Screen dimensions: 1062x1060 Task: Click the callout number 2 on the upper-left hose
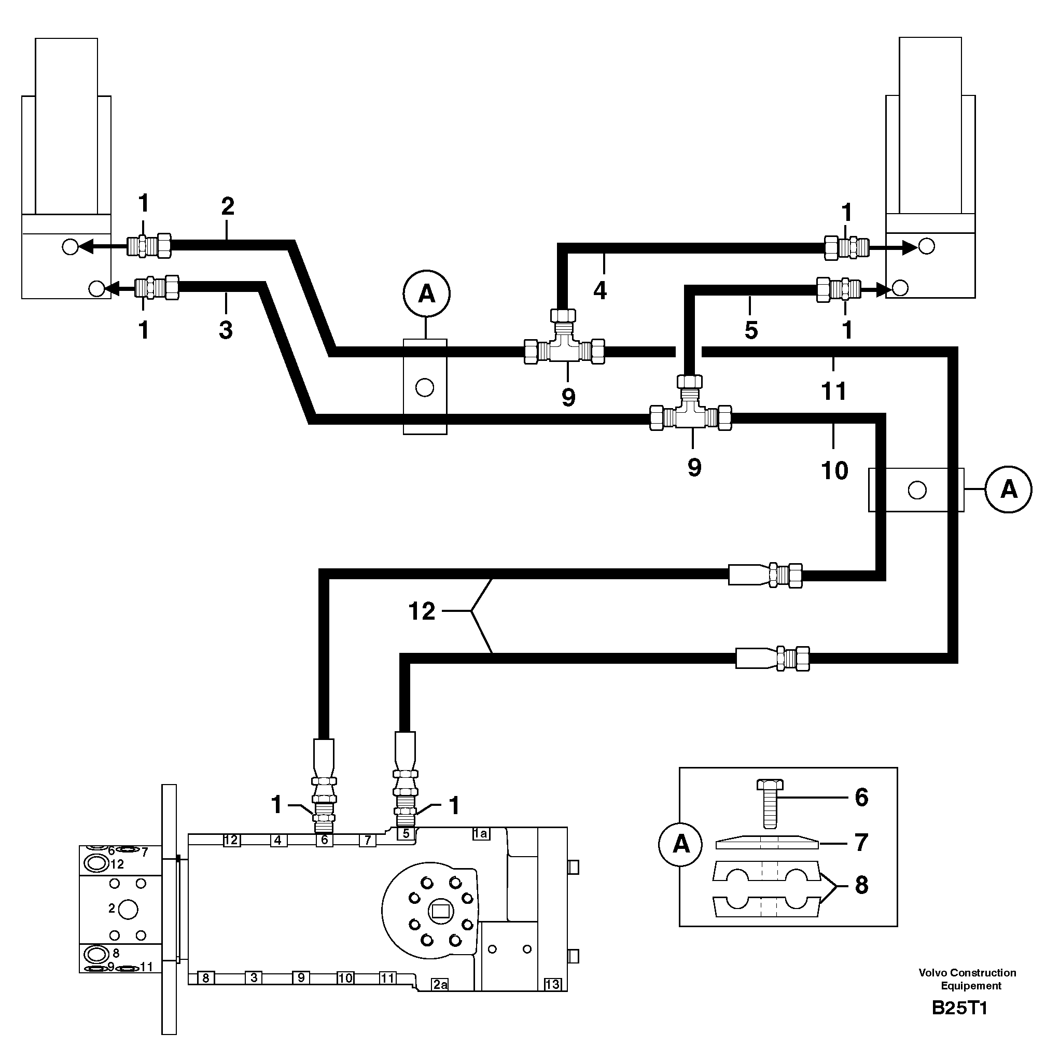pyautogui.click(x=228, y=207)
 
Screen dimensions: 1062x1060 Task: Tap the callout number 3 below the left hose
pyautogui.click(x=226, y=330)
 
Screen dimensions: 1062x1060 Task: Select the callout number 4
pyautogui.click(x=600, y=290)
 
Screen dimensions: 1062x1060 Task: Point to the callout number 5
pyautogui.click(x=751, y=330)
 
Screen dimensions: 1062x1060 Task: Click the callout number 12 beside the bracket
pyautogui.click(x=422, y=611)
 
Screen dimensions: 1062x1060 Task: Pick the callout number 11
pyautogui.click(x=833, y=392)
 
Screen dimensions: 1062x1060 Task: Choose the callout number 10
pyautogui.click(x=834, y=470)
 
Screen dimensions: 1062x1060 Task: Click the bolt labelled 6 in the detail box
pyautogui.click(x=770, y=805)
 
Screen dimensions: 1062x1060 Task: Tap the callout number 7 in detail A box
pyautogui.click(x=861, y=842)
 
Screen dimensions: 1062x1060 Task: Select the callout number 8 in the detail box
pyautogui.click(x=861, y=885)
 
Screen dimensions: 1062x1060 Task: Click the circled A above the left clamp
pyautogui.click(x=427, y=294)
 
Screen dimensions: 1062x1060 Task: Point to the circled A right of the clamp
pyautogui.click(x=1008, y=489)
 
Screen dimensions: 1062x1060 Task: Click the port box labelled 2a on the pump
pyautogui.click(x=440, y=985)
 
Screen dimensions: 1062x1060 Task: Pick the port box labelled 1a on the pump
pyautogui.click(x=481, y=833)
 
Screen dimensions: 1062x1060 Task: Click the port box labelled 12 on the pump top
pyautogui.click(x=231, y=840)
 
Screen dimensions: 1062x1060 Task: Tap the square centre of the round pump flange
pyautogui.click(x=441, y=912)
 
